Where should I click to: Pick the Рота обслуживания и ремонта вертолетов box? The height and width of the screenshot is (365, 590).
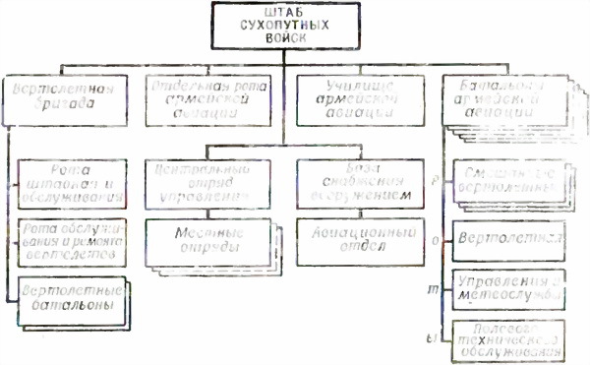[70, 242]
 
